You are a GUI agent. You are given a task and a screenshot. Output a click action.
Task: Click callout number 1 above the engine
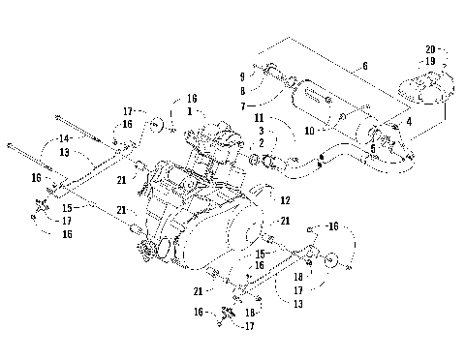(192, 110)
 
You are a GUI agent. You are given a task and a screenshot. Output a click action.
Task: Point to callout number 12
(285, 200)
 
